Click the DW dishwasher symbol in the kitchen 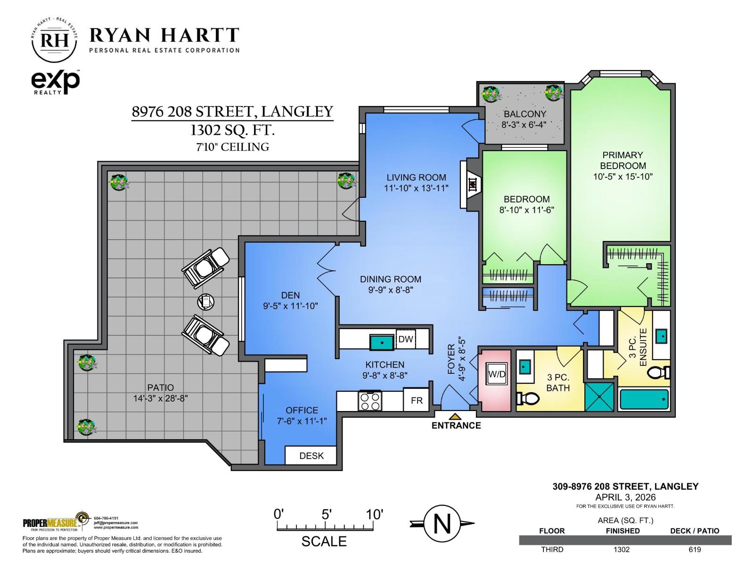click(x=405, y=339)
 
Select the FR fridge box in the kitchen click(x=417, y=401)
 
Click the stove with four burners click(x=369, y=401)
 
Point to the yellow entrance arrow click(x=455, y=416)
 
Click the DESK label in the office click(x=311, y=456)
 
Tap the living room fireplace click(x=471, y=185)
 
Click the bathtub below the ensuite click(x=644, y=400)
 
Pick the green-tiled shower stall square click(x=599, y=397)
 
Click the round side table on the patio click(x=205, y=301)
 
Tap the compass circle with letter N click(x=442, y=524)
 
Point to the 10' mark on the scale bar click(x=375, y=515)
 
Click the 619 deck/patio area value click(x=695, y=549)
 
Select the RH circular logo click(x=54, y=40)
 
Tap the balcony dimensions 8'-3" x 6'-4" click(x=524, y=125)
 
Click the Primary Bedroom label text click(x=623, y=160)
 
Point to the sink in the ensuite click(x=661, y=336)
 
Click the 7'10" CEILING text click(x=233, y=147)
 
